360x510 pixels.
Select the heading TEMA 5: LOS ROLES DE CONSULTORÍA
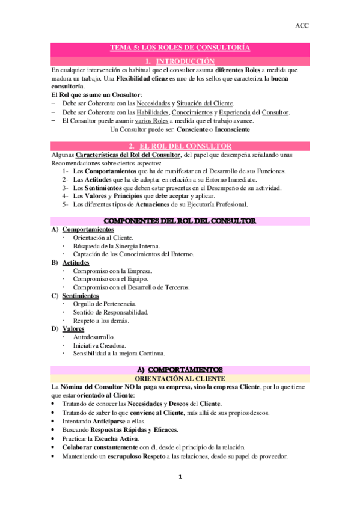tap(180, 48)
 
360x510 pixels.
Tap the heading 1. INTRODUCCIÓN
tap(180, 61)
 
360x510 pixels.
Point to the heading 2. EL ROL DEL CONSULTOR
tap(180, 146)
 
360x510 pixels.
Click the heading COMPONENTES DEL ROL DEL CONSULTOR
tap(180, 221)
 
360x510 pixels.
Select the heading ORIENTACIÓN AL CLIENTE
tap(180, 379)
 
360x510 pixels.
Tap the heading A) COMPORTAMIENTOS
tap(180, 369)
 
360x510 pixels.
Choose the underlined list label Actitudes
tap(76, 263)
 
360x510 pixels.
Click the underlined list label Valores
tap(73, 328)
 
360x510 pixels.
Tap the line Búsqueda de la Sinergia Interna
tap(117, 246)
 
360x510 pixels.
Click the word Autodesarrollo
tap(94, 337)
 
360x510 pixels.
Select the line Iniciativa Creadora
tap(99, 345)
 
